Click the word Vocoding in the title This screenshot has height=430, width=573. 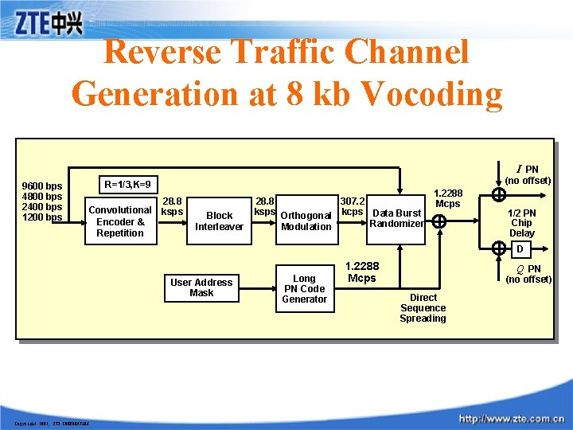(x=431, y=93)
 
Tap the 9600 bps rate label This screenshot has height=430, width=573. (x=43, y=187)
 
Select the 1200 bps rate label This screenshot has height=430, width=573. (x=43, y=217)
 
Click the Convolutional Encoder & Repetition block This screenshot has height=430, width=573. (x=120, y=221)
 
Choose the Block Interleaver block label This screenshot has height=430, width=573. (x=219, y=221)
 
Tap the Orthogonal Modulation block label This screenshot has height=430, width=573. (x=306, y=221)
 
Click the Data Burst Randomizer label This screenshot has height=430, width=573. (x=396, y=218)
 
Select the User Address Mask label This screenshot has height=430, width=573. (x=201, y=287)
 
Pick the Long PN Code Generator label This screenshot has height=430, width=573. (x=304, y=289)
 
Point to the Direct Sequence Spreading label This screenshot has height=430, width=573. (x=423, y=308)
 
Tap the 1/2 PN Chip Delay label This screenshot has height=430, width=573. (x=521, y=223)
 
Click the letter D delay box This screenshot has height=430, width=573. (x=520, y=250)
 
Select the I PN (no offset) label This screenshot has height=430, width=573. (x=528, y=175)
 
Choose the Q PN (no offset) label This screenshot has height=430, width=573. (x=528, y=274)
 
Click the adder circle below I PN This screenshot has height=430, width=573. (x=499, y=195)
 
